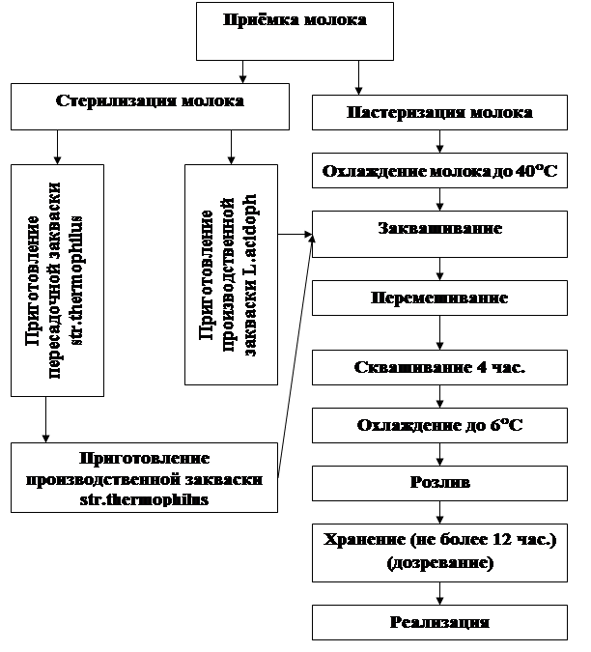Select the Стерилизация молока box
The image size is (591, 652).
150,105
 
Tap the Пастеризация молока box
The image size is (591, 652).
439,113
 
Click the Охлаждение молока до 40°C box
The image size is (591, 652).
439,174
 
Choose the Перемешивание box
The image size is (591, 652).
439,298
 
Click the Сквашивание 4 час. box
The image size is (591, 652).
439,367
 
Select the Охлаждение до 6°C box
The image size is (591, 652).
439,424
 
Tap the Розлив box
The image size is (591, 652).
439,483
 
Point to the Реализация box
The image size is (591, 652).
439,622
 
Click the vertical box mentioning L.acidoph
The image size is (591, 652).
231,273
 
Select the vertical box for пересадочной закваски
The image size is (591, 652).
57,280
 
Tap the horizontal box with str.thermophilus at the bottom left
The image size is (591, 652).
145,477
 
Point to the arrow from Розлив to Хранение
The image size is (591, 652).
439,511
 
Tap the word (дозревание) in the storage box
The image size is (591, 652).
439,563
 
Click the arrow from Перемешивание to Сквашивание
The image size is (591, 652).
439,332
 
